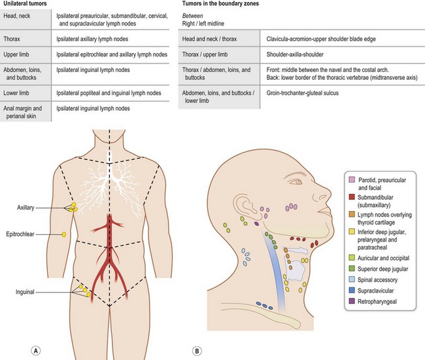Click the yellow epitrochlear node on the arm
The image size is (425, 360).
[x=63, y=234]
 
